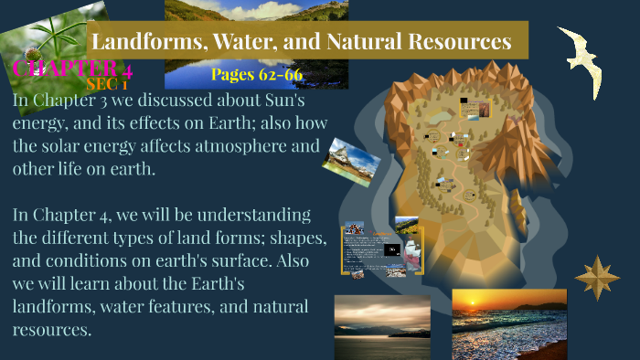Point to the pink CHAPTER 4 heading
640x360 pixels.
[71, 69]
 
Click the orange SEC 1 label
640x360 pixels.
[106, 83]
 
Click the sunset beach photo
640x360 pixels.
[496, 323]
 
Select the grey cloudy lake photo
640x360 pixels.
[382, 326]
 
